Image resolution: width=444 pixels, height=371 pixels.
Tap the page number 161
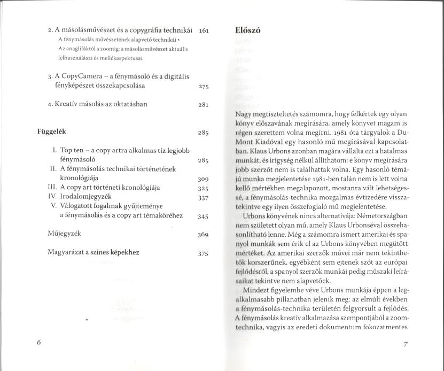point(203,31)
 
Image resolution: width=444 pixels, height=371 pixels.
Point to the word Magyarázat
point(66,252)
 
